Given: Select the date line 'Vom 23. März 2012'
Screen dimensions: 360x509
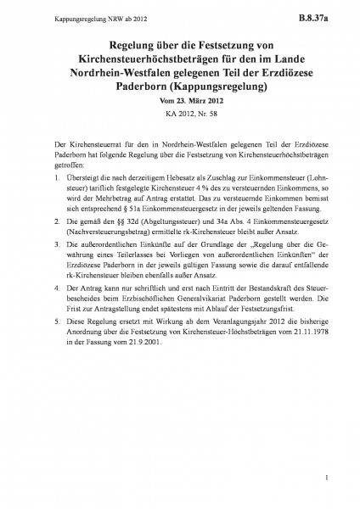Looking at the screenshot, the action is pos(180,102).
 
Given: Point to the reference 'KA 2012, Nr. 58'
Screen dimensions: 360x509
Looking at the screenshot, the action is pos(180,116).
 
